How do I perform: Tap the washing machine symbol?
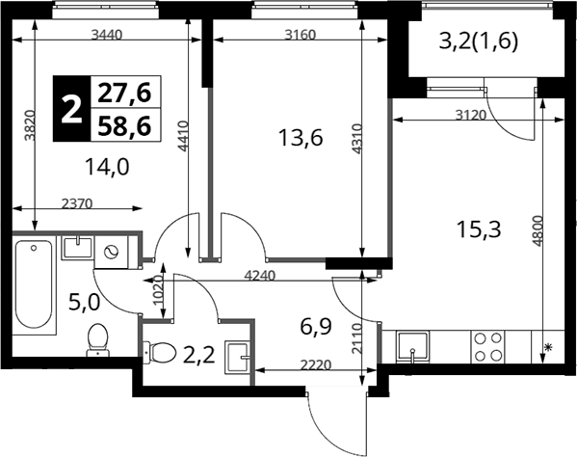point(111,252)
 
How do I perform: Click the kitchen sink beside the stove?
point(413,346)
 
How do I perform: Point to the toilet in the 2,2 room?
point(159,352)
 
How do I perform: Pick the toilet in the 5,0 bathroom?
point(98,339)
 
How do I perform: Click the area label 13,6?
point(301,139)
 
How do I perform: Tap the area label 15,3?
point(479,229)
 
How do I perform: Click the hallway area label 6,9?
point(316,327)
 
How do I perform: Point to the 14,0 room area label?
point(107,167)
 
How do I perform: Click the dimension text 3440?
point(106,35)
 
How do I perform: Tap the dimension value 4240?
point(260,275)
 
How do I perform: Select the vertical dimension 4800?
point(538,230)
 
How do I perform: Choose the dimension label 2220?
point(316,365)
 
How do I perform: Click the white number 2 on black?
point(71,109)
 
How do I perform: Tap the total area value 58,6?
point(124,125)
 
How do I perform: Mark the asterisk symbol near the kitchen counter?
point(548,346)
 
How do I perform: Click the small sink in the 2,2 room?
point(238,357)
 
